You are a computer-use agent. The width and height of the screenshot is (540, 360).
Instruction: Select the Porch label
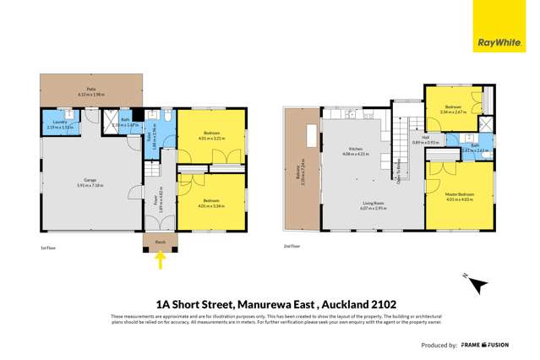pyautogui.click(x=160, y=243)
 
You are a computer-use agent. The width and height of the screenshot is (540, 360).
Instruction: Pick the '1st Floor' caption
pyautogui.click(x=47, y=248)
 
